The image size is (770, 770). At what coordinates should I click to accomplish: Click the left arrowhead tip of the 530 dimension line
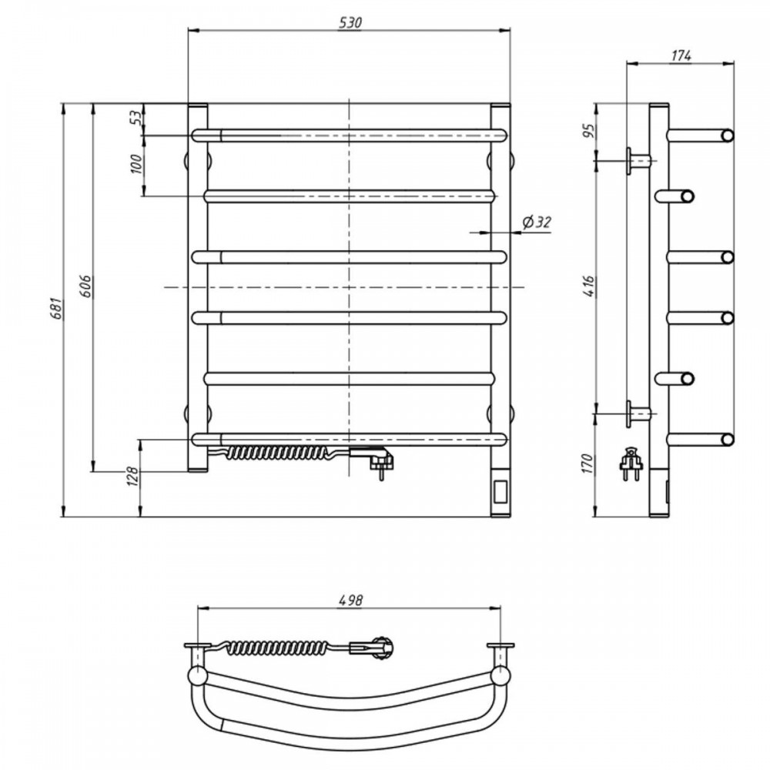pos(189,31)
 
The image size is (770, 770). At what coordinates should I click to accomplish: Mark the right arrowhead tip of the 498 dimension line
pos(501,608)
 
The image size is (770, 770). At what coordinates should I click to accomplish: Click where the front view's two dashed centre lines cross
pos(349,286)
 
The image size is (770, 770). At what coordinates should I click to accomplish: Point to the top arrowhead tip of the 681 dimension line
pos(63,104)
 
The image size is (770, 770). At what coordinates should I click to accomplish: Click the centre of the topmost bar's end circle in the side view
pos(727,136)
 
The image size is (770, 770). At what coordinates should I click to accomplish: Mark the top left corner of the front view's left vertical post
pos(189,104)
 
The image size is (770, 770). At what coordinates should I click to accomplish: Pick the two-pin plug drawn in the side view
pos(630,463)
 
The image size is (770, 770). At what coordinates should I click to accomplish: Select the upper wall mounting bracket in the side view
pos(639,160)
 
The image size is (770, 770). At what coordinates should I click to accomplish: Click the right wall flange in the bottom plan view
pos(500,645)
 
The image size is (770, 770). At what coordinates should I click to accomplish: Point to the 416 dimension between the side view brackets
pos(589,286)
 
